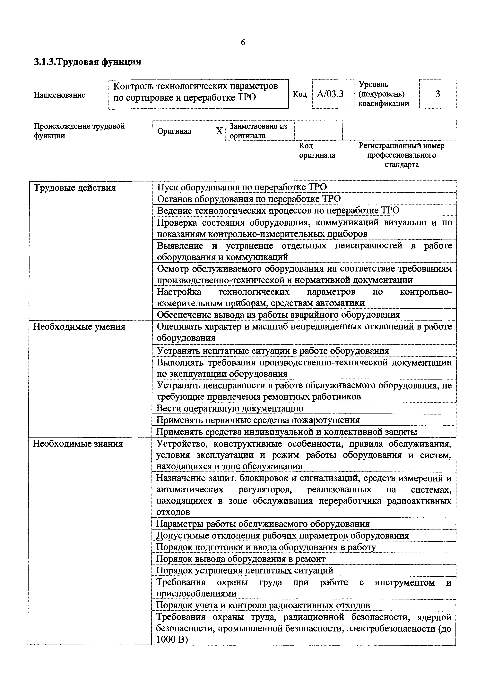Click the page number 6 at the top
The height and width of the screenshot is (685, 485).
[x=243, y=43]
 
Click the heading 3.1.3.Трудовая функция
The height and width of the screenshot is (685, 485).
[x=87, y=62]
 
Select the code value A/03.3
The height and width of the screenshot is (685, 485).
[x=330, y=94]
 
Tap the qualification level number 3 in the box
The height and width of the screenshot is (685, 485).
[x=438, y=94]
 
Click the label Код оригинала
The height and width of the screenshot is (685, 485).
[x=317, y=150]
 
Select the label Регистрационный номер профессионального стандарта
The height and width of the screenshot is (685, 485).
[x=401, y=155]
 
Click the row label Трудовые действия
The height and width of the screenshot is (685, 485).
[x=75, y=188]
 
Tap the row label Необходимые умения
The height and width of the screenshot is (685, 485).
[x=79, y=327]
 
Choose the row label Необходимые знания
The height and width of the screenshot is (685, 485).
[x=78, y=444]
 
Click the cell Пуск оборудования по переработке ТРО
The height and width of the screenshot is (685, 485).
[x=242, y=187]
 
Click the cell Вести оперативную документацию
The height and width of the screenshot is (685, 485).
[x=230, y=408]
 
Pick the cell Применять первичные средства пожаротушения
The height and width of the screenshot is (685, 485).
[x=258, y=420]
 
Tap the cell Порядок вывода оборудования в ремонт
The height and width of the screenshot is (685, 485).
[x=241, y=559]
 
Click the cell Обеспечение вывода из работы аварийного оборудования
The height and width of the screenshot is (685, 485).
[x=278, y=315]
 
